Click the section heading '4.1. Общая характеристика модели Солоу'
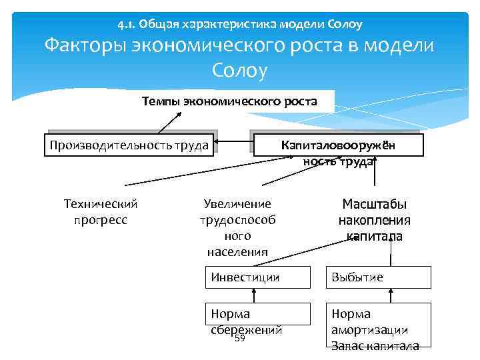pos(239,25)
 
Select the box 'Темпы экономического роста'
pos(229,101)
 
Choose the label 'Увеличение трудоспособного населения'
pos(237,227)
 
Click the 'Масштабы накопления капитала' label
pos(374,220)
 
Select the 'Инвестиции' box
pos(257,277)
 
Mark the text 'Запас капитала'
pos(375,345)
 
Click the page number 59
pos(240,339)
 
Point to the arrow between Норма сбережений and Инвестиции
pos(254,296)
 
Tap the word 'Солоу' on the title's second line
pos(239,70)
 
